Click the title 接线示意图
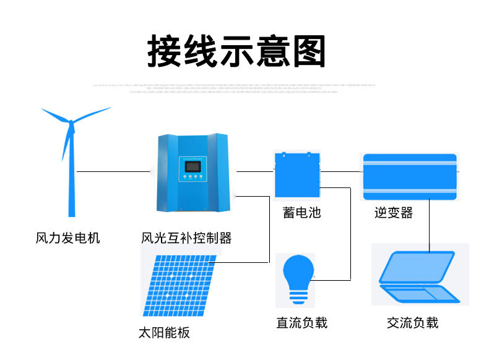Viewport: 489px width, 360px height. tap(236, 50)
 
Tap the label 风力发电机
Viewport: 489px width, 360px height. tap(67, 238)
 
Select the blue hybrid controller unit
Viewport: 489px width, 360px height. tap(194, 173)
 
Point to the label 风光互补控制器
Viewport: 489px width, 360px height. tap(186, 238)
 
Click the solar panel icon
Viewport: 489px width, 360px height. tap(178, 285)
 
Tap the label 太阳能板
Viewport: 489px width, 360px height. tap(164, 333)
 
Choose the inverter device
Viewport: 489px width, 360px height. tap(409, 176)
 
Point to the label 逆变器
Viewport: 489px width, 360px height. tap(393, 213)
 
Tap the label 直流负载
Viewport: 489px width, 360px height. tap(301, 323)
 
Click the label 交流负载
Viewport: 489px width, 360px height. tap(412, 323)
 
